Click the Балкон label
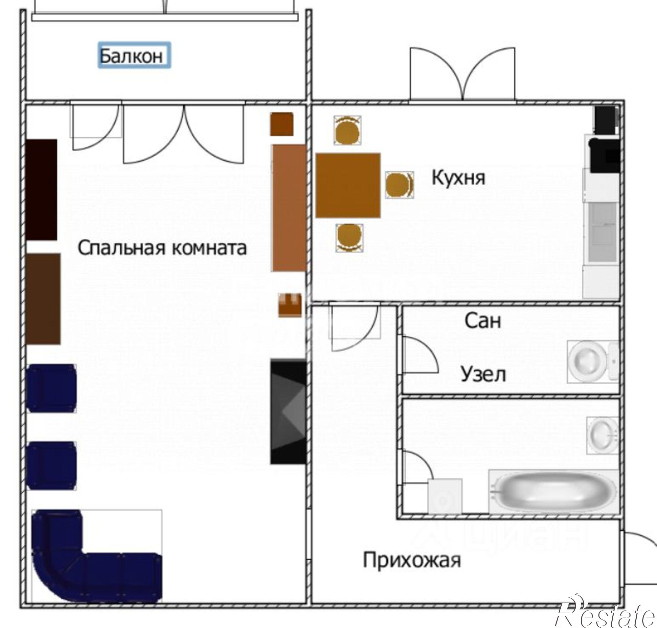pyautogui.click(x=134, y=55)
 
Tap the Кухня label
pyautogui.click(x=458, y=177)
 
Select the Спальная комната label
pyautogui.click(x=162, y=248)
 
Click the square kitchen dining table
pyautogui.click(x=348, y=185)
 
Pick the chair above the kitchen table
pyautogui.click(x=347, y=130)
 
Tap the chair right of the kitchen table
pyautogui.click(x=399, y=185)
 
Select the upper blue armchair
pyautogui.click(x=51, y=388)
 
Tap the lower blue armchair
pyautogui.click(x=51, y=466)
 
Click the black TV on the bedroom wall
pyautogui.click(x=288, y=412)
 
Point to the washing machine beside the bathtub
pyautogui.click(x=445, y=496)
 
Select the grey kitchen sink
pyautogui.click(x=602, y=232)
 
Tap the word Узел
pyautogui.click(x=483, y=374)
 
